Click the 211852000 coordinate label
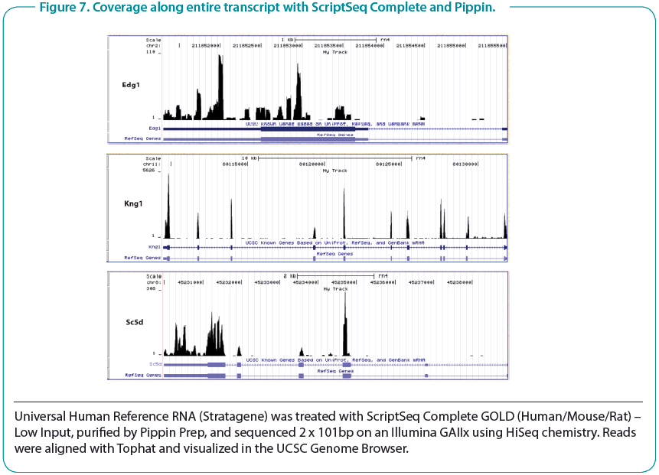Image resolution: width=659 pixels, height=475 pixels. coord(206,45)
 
